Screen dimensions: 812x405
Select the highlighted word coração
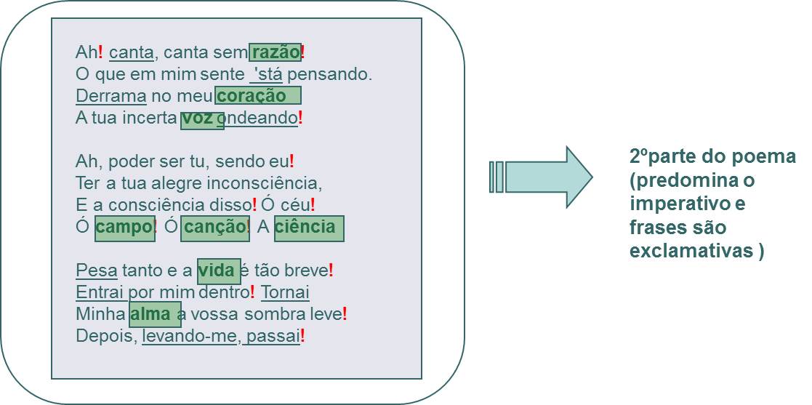point(252,96)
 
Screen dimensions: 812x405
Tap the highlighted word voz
point(198,118)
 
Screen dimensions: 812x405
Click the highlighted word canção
point(214,227)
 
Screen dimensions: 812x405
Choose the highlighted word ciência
point(305,227)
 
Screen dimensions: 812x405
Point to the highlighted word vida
point(217,270)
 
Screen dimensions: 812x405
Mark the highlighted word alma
point(150,314)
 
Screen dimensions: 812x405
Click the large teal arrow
point(541,177)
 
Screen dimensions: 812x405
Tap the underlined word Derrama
point(111,96)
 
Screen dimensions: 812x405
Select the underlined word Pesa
point(97,270)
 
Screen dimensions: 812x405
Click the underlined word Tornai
point(286,292)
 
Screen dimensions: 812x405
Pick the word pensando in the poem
point(330,75)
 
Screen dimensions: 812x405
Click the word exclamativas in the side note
point(691,250)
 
